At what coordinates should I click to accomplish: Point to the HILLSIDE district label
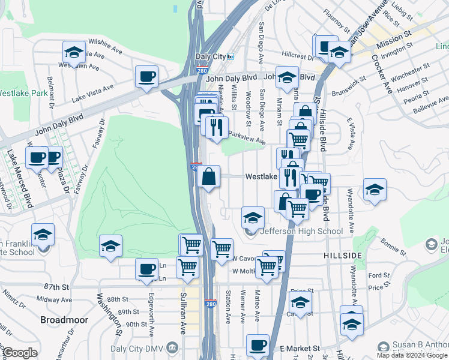click(x=343, y=255)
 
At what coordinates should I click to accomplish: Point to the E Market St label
click(x=300, y=349)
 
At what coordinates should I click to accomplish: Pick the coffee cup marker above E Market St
click(x=258, y=344)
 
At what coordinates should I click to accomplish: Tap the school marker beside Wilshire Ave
click(x=74, y=52)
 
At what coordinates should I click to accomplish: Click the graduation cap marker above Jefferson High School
click(x=253, y=216)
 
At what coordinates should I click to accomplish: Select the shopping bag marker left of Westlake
click(x=208, y=176)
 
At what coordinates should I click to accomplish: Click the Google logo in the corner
click(x=20, y=353)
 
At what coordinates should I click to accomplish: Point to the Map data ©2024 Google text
click(x=412, y=355)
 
